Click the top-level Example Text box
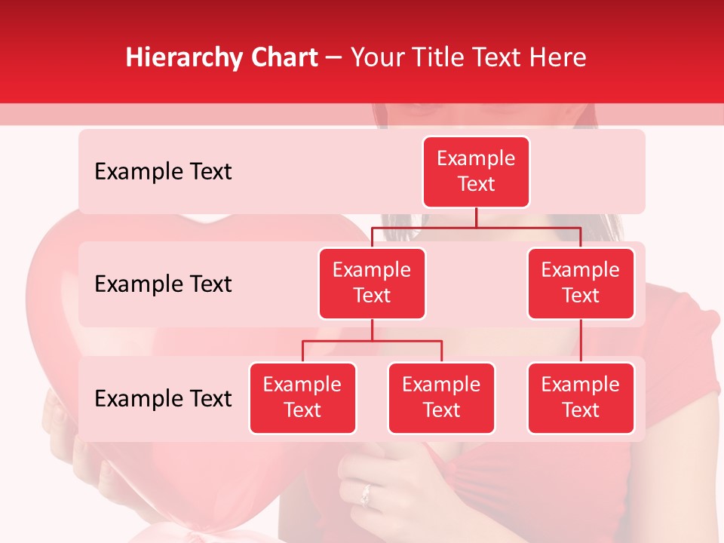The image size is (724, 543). pyautogui.click(x=476, y=172)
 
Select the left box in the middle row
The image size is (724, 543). pyautogui.click(x=372, y=283)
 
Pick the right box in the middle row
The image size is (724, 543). pyautogui.click(x=581, y=283)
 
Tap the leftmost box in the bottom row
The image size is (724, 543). pyautogui.click(x=302, y=397)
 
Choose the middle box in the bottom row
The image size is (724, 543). pyautogui.click(x=441, y=397)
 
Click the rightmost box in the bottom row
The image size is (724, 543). pyautogui.click(x=581, y=397)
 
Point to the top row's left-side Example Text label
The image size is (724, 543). pyautogui.click(x=163, y=172)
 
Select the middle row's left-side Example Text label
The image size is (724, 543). pyautogui.click(x=163, y=284)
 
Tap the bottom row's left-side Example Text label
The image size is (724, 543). pyautogui.click(x=163, y=399)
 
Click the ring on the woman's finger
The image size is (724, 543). pyautogui.click(x=367, y=495)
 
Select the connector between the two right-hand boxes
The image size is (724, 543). pyautogui.click(x=581, y=340)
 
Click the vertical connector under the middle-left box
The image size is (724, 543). pyautogui.click(x=372, y=330)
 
